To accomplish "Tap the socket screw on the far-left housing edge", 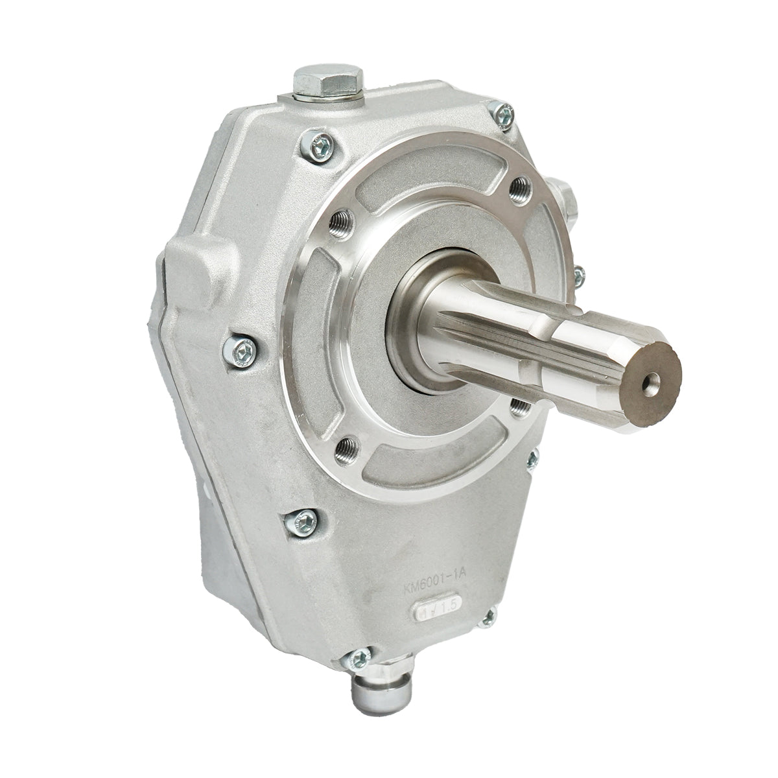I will [243, 350].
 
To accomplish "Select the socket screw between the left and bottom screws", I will [302, 518].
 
